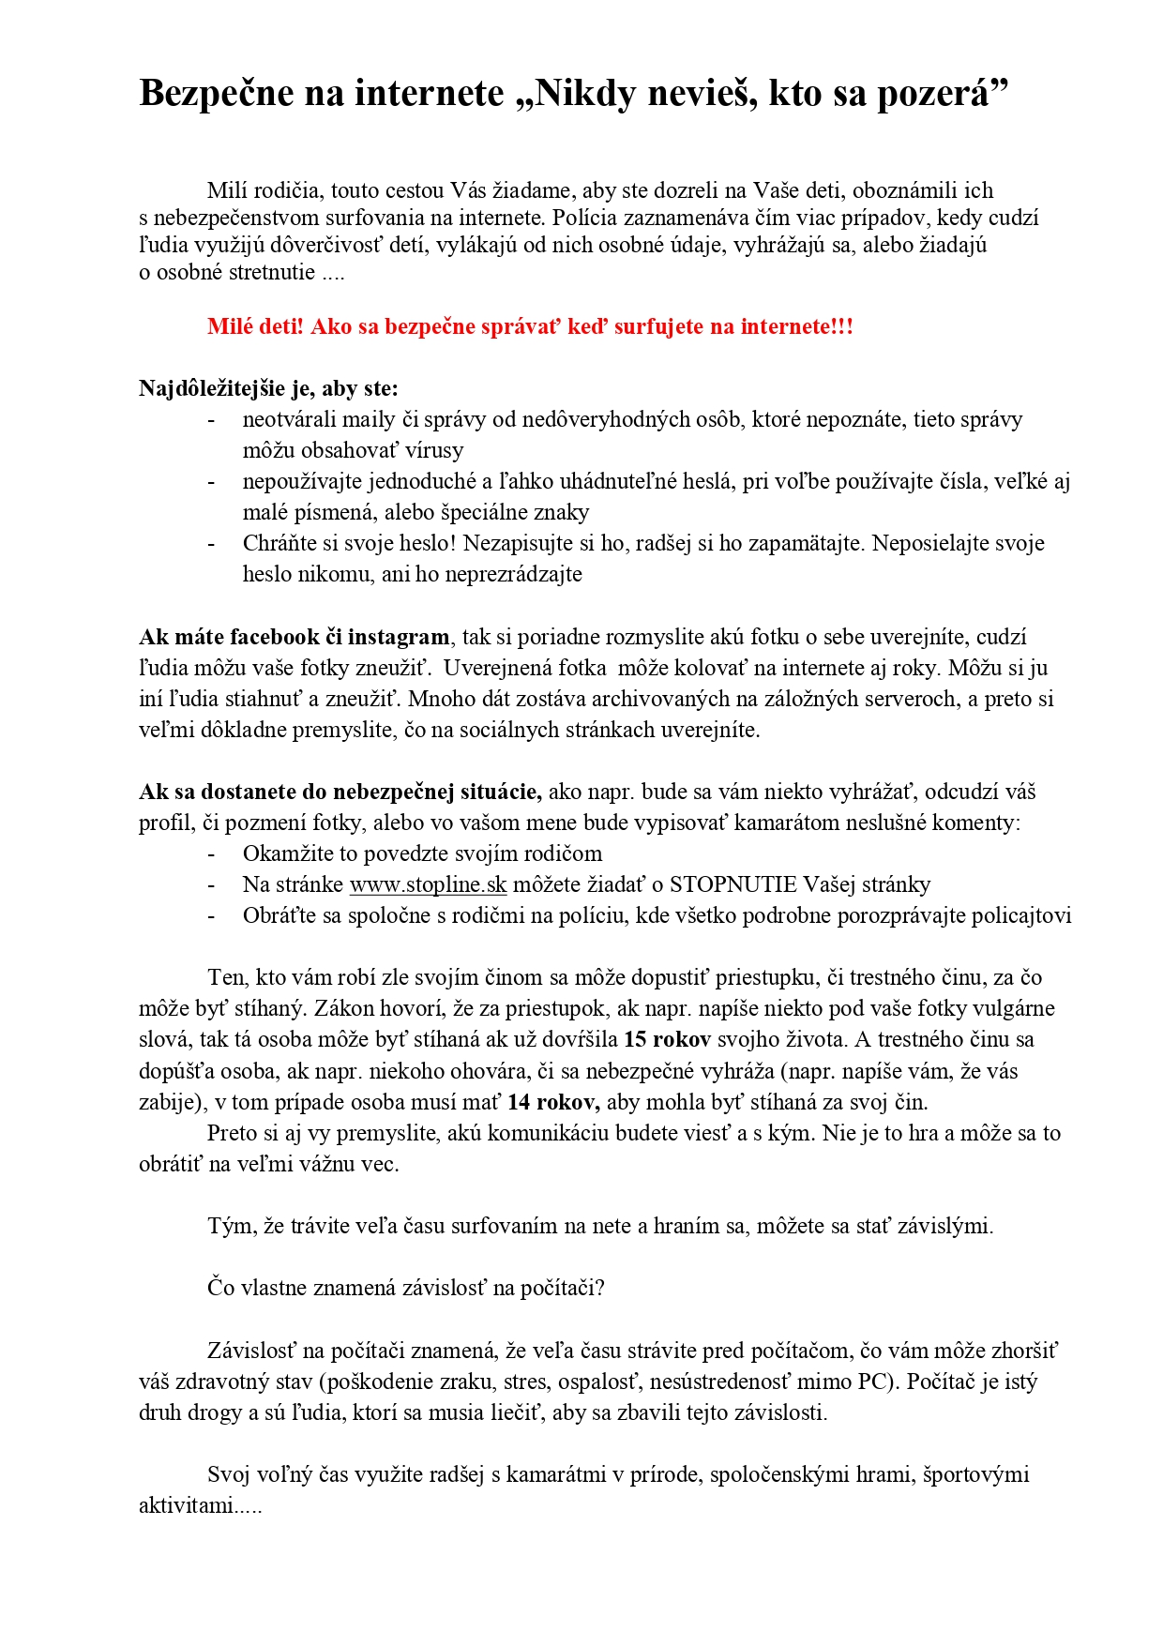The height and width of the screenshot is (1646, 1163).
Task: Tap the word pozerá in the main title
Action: pos(932,94)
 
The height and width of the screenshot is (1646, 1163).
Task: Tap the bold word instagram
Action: pos(399,637)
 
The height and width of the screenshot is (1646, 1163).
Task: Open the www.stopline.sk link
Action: pos(428,884)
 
